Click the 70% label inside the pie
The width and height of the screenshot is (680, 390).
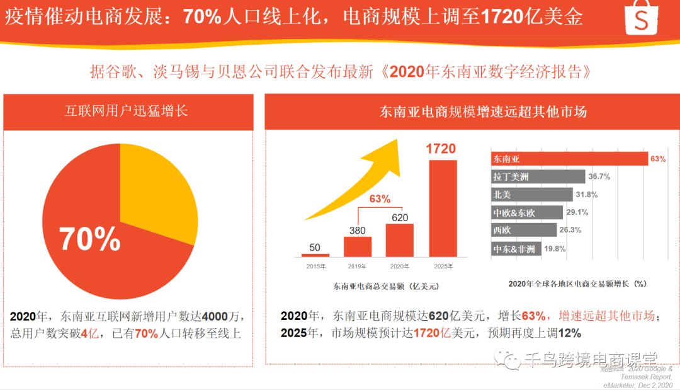point(90,239)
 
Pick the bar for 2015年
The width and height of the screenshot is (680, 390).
point(315,255)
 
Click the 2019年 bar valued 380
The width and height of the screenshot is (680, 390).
point(357,246)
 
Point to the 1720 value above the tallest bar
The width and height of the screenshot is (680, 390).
point(440,149)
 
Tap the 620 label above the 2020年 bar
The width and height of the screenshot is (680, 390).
point(399,217)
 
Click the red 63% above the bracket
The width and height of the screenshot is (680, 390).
point(380,199)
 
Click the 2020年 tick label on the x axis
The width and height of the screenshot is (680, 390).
point(399,267)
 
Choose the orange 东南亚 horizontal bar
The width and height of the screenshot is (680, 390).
point(569,159)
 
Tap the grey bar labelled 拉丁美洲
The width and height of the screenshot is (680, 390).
point(538,176)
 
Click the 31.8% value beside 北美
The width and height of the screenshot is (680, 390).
point(587,195)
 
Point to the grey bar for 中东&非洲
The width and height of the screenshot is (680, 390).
point(514,249)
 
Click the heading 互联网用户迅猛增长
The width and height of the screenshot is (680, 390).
point(127,112)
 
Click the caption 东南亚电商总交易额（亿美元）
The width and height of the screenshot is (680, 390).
point(386,286)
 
